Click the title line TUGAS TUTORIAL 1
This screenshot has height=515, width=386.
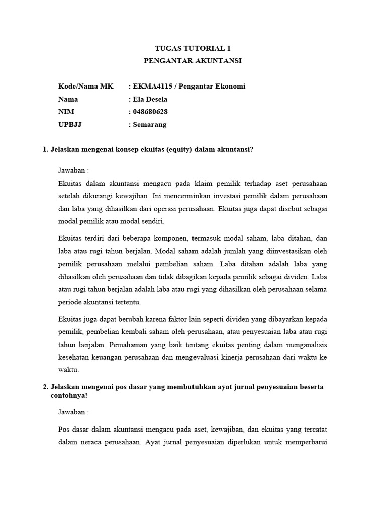[192, 48]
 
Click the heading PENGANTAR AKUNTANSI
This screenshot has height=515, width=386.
[192, 61]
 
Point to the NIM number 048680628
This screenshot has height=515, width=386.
[151, 112]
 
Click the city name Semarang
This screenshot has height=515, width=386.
[150, 124]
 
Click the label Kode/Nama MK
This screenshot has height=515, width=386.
[86, 87]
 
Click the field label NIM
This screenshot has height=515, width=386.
[66, 112]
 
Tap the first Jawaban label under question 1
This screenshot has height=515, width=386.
[73, 170]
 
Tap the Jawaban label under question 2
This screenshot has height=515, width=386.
[73, 412]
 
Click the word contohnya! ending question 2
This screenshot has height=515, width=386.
[70, 395]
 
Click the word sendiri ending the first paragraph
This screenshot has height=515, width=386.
[152, 221]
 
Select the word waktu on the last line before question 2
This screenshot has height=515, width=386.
[69, 370]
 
